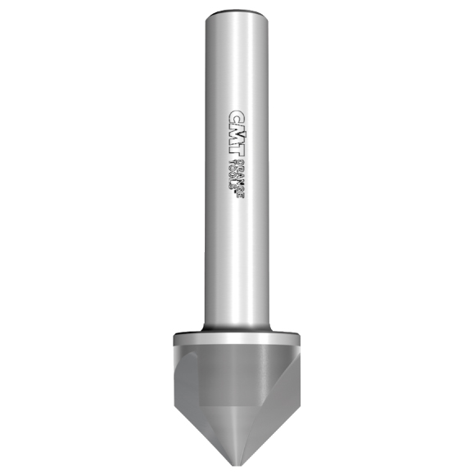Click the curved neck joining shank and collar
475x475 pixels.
pos(237,327)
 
